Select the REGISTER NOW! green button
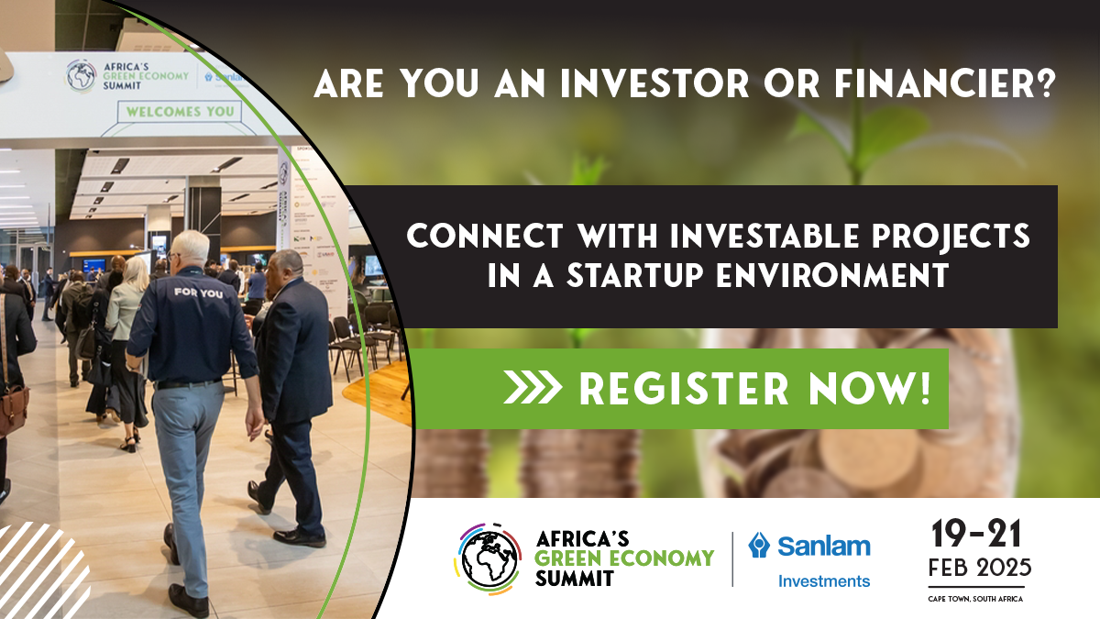click(x=682, y=388)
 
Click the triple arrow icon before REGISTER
click(x=533, y=388)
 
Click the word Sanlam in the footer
click(x=824, y=547)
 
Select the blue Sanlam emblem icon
click(x=759, y=546)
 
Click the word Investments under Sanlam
click(x=824, y=580)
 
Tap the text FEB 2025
click(x=979, y=568)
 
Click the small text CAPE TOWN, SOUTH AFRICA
click(x=977, y=599)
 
